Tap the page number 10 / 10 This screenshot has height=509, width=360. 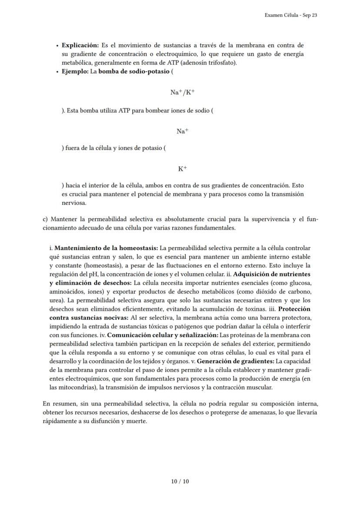point(180,481)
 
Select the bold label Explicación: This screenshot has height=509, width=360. point(80,45)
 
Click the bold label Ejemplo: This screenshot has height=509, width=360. point(75,71)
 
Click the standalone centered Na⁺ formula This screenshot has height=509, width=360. point(182,131)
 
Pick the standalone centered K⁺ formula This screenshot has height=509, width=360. point(183,169)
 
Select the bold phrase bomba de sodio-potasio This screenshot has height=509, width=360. point(134,71)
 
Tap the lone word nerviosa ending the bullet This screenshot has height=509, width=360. point(74,203)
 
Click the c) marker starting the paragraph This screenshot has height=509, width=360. point(45,219)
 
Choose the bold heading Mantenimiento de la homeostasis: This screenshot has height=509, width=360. point(106,248)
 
